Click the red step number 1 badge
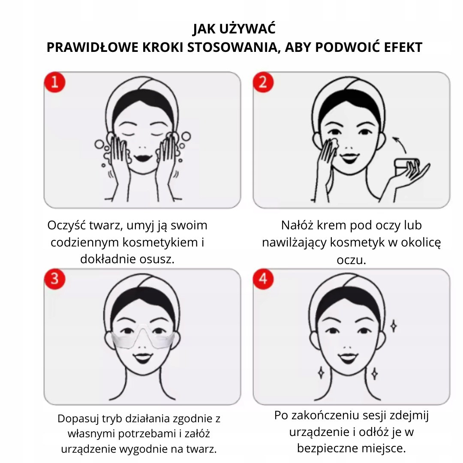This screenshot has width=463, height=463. click(54, 82)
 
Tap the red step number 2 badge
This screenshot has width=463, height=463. click(263, 82)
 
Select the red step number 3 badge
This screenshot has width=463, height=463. click(54, 279)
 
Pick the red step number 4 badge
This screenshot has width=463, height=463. click(263, 279)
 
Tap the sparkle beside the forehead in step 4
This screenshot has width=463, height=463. click(393, 326)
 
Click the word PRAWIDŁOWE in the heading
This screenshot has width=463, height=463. click(93, 47)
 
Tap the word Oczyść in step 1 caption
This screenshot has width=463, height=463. click(66, 226)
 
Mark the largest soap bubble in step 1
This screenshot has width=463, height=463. click(186, 136)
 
